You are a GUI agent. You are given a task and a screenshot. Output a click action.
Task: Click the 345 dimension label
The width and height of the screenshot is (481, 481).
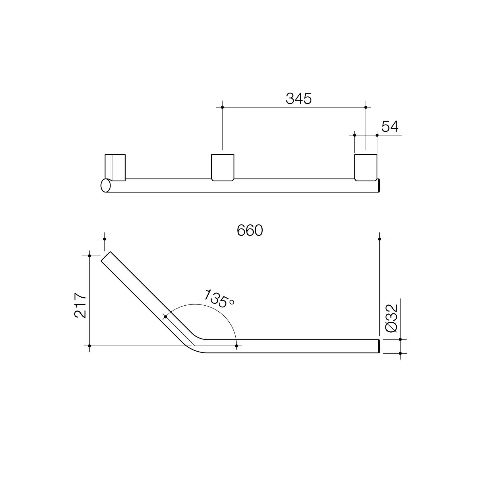click(x=298, y=99)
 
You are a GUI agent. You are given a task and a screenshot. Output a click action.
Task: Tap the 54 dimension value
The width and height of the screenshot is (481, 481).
click(x=390, y=127)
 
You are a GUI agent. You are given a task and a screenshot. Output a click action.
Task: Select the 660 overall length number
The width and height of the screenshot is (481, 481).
click(x=250, y=230)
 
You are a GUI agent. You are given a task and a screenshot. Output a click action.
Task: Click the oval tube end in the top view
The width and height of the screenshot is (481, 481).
click(x=106, y=185)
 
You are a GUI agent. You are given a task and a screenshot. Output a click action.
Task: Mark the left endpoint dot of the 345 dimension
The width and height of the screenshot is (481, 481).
click(x=222, y=107)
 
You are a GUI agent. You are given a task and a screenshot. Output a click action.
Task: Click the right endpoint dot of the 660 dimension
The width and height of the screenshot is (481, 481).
click(x=380, y=239)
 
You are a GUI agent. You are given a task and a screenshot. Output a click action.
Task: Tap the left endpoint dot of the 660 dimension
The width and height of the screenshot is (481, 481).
click(x=105, y=239)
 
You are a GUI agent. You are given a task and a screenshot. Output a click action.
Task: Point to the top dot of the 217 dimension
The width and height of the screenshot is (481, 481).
click(x=90, y=255)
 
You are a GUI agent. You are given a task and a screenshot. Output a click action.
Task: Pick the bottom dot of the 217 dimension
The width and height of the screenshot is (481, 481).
click(x=90, y=346)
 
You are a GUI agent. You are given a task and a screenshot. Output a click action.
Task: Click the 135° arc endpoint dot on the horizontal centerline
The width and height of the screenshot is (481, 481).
click(x=236, y=346)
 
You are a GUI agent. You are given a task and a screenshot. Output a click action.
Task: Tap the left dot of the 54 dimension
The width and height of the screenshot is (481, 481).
click(x=354, y=135)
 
